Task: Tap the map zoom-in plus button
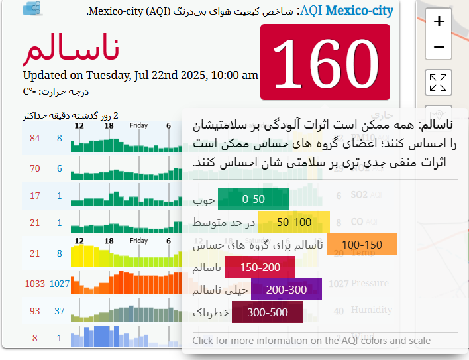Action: coord(438,22)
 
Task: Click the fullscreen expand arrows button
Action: coord(438,83)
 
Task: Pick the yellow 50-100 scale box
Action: coord(293,221)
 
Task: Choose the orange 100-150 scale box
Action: coord(362,244)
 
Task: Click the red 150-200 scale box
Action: coord(260,267)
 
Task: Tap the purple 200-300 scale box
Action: coord(286,290)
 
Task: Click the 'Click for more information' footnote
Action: coord(311,341)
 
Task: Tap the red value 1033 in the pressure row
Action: coord(34,284)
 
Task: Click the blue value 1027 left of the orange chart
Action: coord(60,284)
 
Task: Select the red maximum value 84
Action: coord(35,138)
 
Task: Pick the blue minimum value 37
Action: coord(60,311)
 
